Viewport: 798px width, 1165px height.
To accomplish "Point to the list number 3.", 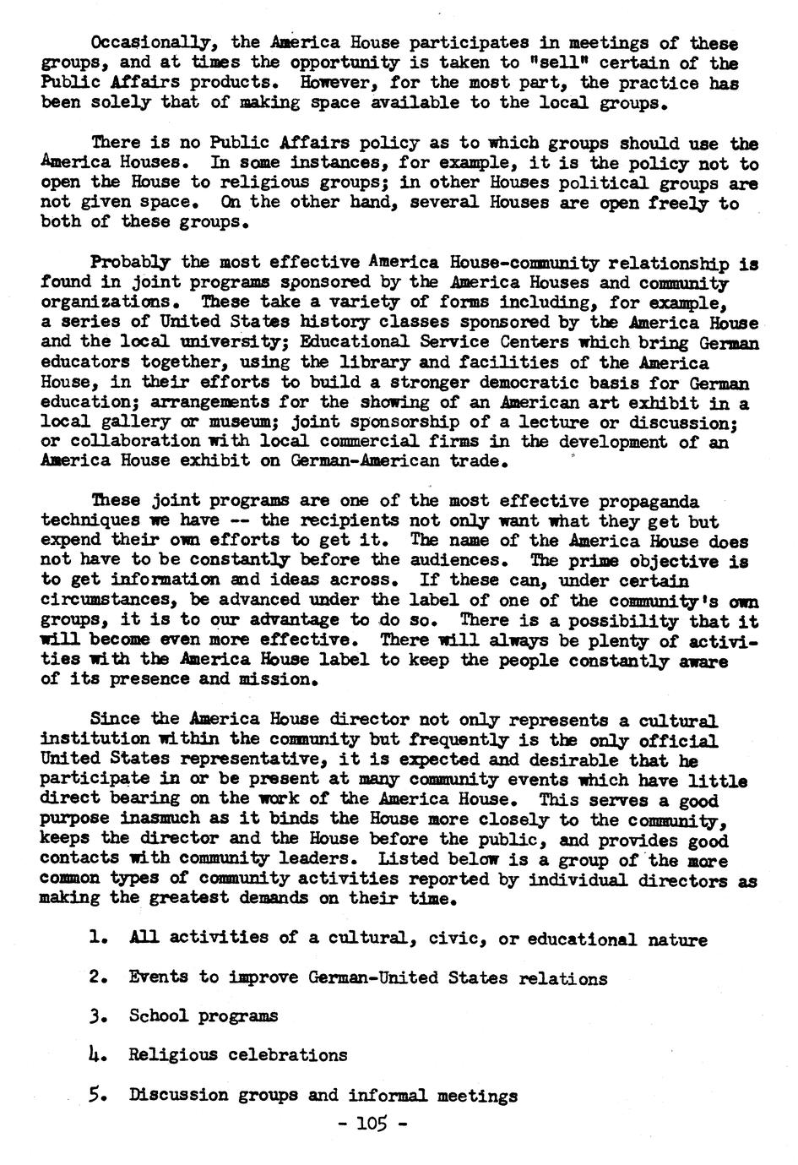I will [x=94, y=1015].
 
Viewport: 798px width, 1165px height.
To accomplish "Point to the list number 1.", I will [x=94, y=938].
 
